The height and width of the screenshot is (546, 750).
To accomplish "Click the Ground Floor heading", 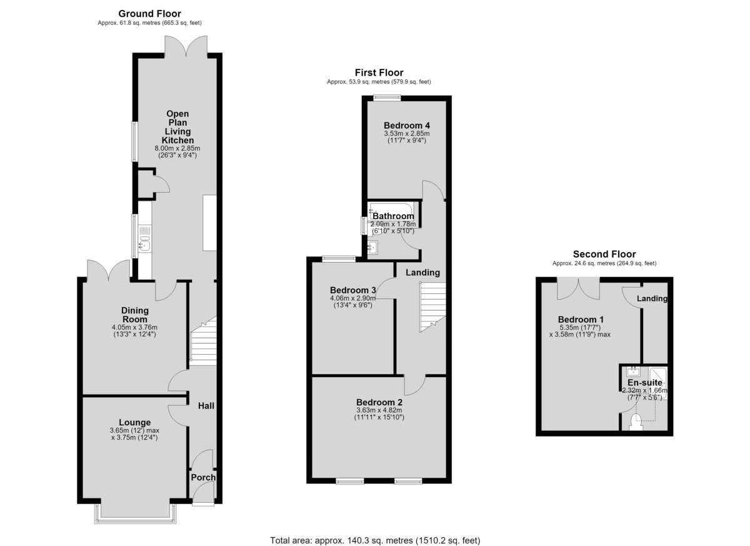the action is coord(149,14).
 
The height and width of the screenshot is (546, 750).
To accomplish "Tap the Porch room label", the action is coord(203,477).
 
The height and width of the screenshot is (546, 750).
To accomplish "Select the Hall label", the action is coord(206,406).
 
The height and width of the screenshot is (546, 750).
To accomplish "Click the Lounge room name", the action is coord(135,422).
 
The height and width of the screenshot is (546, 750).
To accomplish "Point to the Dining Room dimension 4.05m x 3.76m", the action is coord(134,327).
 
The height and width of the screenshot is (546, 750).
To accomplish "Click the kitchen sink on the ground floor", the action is coord(144,243).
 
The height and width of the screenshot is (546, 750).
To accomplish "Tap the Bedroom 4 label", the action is coord(407,126).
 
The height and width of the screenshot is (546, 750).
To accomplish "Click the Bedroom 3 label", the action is coord(353,290).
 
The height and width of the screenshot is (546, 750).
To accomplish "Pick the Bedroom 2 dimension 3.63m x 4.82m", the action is coord(379,410).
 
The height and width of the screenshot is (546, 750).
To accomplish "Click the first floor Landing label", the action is coord(423,273).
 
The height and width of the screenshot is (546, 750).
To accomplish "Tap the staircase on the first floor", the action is coord(433,307).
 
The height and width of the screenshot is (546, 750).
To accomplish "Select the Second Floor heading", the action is coord(604,255).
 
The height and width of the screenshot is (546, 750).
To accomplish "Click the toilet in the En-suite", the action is coord(636,422).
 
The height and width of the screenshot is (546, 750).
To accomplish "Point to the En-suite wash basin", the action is coord(633,372).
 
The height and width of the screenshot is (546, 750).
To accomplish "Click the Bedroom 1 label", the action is coord(581,320).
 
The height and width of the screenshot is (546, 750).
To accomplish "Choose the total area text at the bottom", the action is coord(375,531).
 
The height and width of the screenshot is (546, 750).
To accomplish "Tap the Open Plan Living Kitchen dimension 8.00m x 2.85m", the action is coord(177,148).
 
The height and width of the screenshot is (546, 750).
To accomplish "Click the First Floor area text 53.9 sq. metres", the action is coord(379,82).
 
